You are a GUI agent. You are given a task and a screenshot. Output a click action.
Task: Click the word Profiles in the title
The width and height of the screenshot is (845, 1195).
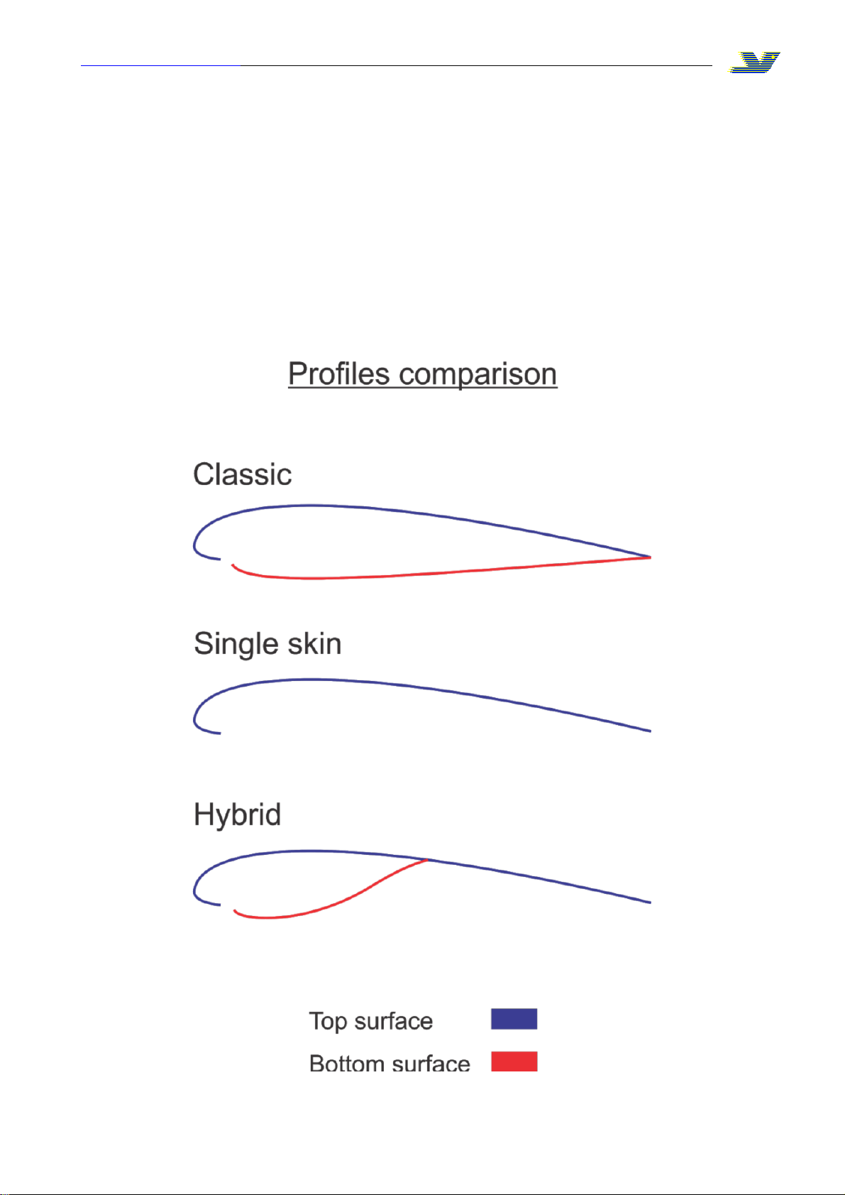[x=339, y=373]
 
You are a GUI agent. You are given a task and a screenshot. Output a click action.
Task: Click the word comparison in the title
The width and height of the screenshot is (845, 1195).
[x=478, y=376]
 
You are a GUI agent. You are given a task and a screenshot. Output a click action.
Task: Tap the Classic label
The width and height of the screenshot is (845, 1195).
[x=243, y=474]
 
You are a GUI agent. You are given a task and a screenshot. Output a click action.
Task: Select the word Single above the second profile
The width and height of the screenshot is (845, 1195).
[x=236, y=645]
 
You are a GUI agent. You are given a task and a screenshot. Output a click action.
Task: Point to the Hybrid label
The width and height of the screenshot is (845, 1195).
[x=237, y=815]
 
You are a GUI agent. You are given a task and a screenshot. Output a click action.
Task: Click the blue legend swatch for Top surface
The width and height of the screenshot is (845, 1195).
[x=514, y=1018]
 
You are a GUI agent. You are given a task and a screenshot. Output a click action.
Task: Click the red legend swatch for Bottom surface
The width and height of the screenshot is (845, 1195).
[x=514, y=1061]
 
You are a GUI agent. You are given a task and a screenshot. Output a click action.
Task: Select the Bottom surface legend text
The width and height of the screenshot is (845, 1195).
[x=390, y=1064]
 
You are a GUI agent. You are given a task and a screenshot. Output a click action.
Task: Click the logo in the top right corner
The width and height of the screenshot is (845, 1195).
[x=754, y=62]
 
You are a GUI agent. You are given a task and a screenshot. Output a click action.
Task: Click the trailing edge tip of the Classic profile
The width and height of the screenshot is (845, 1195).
[x=651, y=557]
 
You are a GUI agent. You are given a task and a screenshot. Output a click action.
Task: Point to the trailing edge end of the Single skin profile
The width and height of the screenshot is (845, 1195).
[x=651, y=731]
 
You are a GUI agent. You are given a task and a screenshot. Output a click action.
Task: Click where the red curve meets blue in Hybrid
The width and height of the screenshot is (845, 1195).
[x=428, y=859]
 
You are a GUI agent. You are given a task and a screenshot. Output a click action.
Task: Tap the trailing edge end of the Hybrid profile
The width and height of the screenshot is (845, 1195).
[x=651, y=902]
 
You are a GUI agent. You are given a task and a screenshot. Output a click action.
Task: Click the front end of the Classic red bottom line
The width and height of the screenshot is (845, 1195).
[x=233, y=564]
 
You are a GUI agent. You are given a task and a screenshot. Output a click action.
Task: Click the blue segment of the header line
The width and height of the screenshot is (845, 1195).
[x=160, y=65]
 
